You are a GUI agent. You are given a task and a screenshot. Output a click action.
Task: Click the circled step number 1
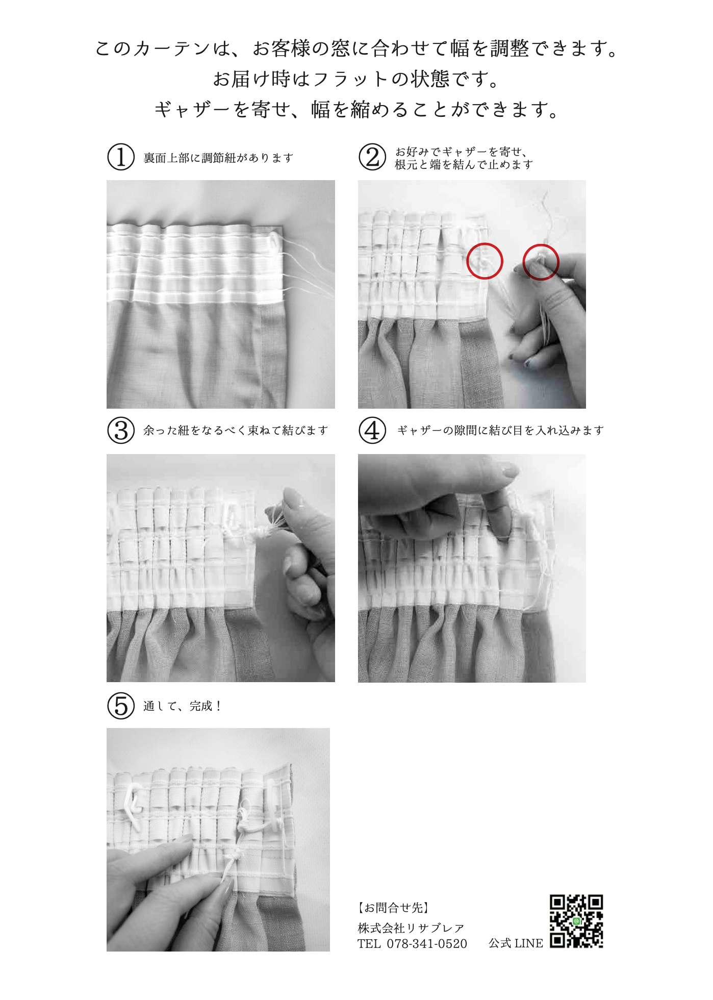point(121,157)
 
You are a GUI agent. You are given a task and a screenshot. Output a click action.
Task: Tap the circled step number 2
point(372,157)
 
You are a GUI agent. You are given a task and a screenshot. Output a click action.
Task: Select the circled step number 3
point(121,430)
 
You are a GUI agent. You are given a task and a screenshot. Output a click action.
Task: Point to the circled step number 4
point(372,430)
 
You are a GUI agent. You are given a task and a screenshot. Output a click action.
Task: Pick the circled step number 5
point(121,706)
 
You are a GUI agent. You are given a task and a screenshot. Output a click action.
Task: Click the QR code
point(576,921)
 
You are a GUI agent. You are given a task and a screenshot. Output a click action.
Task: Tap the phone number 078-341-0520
point(427,944)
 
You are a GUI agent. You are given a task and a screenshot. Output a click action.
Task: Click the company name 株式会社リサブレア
point(411,928)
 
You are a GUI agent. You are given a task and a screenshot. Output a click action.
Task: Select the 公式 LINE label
point(516,943)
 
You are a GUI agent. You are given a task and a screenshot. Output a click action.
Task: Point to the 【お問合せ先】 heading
point(393,908)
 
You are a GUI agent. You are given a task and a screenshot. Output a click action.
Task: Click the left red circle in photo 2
point(485,261)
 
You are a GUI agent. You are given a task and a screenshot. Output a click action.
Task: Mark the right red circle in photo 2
point(541,262)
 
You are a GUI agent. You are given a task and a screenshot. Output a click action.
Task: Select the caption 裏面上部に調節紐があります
point(218,158)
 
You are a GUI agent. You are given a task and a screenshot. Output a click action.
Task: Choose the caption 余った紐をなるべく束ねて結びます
point(236,431)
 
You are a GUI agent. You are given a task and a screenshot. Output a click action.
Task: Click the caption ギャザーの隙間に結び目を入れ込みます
point(500,431)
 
